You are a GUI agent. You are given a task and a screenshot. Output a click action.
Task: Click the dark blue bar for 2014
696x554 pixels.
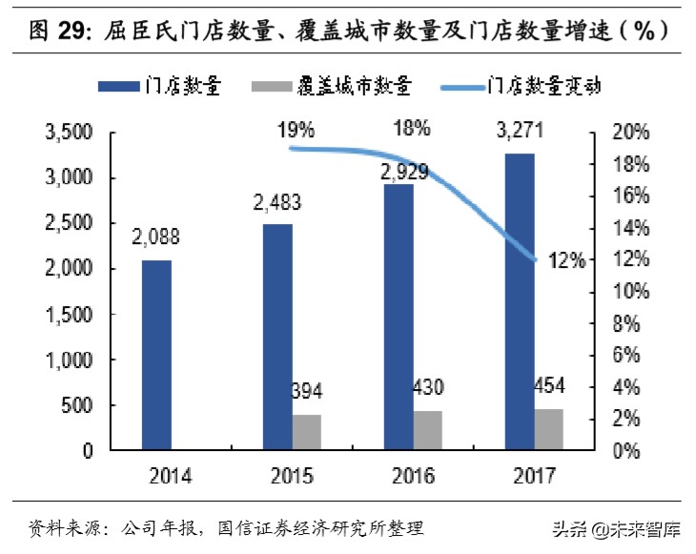[x=157, y=354]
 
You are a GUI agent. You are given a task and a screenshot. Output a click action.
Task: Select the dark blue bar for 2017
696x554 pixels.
[x=520, y=300]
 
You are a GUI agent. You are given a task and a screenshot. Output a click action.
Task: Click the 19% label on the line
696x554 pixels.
[x=297, y=127]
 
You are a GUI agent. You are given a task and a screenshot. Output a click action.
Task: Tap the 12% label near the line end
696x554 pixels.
[x=565, y=259]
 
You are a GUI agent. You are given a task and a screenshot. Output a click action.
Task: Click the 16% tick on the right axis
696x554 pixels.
[x=629, y=195]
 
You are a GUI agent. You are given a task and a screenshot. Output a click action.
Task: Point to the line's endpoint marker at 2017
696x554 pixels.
[x=536, y=259]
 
